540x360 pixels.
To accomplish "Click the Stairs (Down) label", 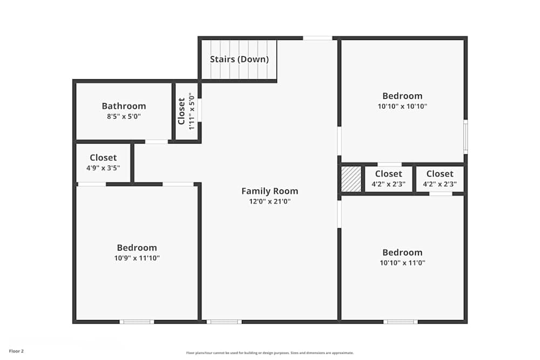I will tap(239, 59).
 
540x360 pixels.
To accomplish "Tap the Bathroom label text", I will tap(124, 106).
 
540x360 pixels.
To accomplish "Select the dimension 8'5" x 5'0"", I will tap(124, 116).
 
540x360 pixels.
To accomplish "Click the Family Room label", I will tap(269, 191).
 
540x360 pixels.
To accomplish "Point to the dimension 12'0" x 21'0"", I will tap(269, 201).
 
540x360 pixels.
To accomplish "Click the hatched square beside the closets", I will tap(351, 179).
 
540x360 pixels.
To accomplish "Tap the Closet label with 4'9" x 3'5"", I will tap(103, 158).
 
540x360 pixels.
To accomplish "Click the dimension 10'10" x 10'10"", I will tap(402, 106).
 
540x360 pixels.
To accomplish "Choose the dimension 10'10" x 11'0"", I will tap(402, 263).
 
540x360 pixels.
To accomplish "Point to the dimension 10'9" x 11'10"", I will tap(137, 258).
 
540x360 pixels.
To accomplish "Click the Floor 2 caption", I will tap(16, 351).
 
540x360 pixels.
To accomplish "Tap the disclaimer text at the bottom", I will tap(270, 352).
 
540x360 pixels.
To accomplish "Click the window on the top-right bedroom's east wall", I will tap(465, 137).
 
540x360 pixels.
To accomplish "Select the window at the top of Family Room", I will tap(317, 38).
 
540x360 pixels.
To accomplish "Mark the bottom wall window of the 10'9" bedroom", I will tap(137, 322).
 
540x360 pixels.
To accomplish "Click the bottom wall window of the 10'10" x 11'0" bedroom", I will tap(400, 322).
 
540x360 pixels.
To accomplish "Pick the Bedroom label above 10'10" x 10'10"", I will tap(402, 96).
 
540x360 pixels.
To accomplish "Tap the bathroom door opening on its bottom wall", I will tap(157, 141).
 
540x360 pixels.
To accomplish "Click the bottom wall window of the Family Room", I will tap(224, 322).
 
